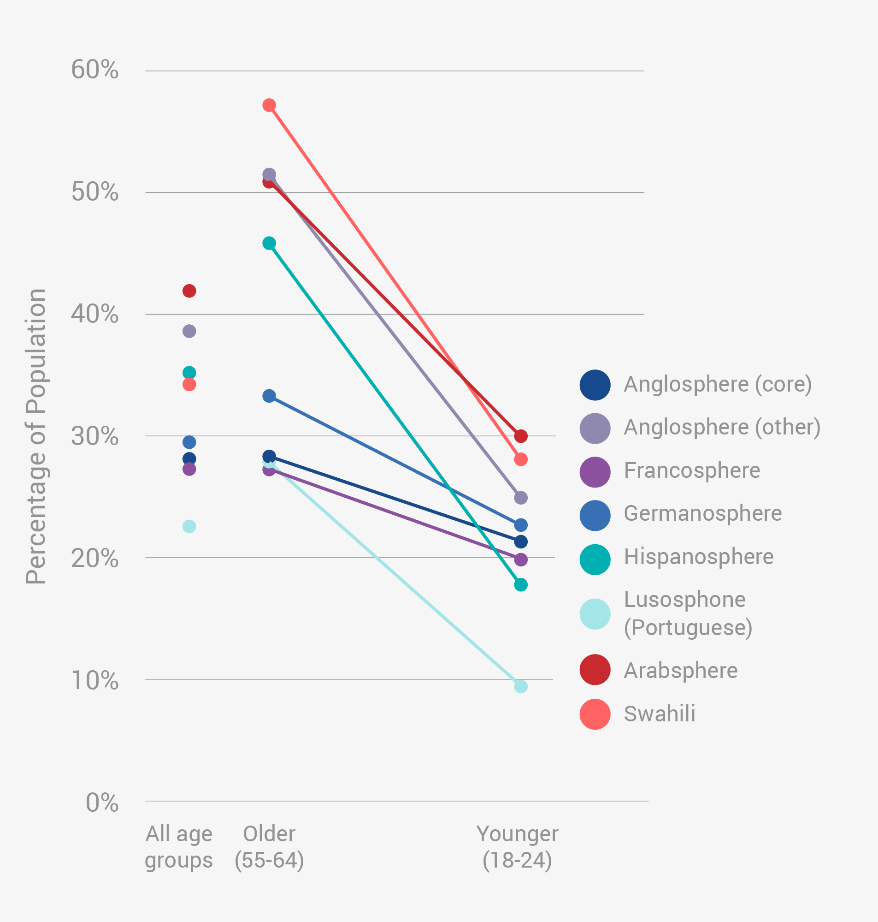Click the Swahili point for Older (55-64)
[269, 105]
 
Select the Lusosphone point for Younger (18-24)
[520, 686]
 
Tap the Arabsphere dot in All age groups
[189, 291]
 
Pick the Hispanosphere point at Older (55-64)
[269, 243]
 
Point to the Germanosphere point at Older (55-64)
[269, 396]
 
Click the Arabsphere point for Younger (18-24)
[520, 436]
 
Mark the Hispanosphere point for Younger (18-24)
[520, 584]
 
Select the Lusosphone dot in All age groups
[189, 526]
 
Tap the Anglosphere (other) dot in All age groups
[189, 331]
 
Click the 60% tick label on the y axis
[95, 70]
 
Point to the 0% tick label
[102, 803]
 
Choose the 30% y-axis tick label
[95, 436]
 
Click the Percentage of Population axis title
[35, 436]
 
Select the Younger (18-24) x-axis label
[517, 847]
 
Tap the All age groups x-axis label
[179, 847]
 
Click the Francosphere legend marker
[595, 472]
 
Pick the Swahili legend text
[660, 714]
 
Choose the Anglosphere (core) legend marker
[595, 386]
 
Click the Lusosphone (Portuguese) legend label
[688, 613]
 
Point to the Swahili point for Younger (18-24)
[520, 459]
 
